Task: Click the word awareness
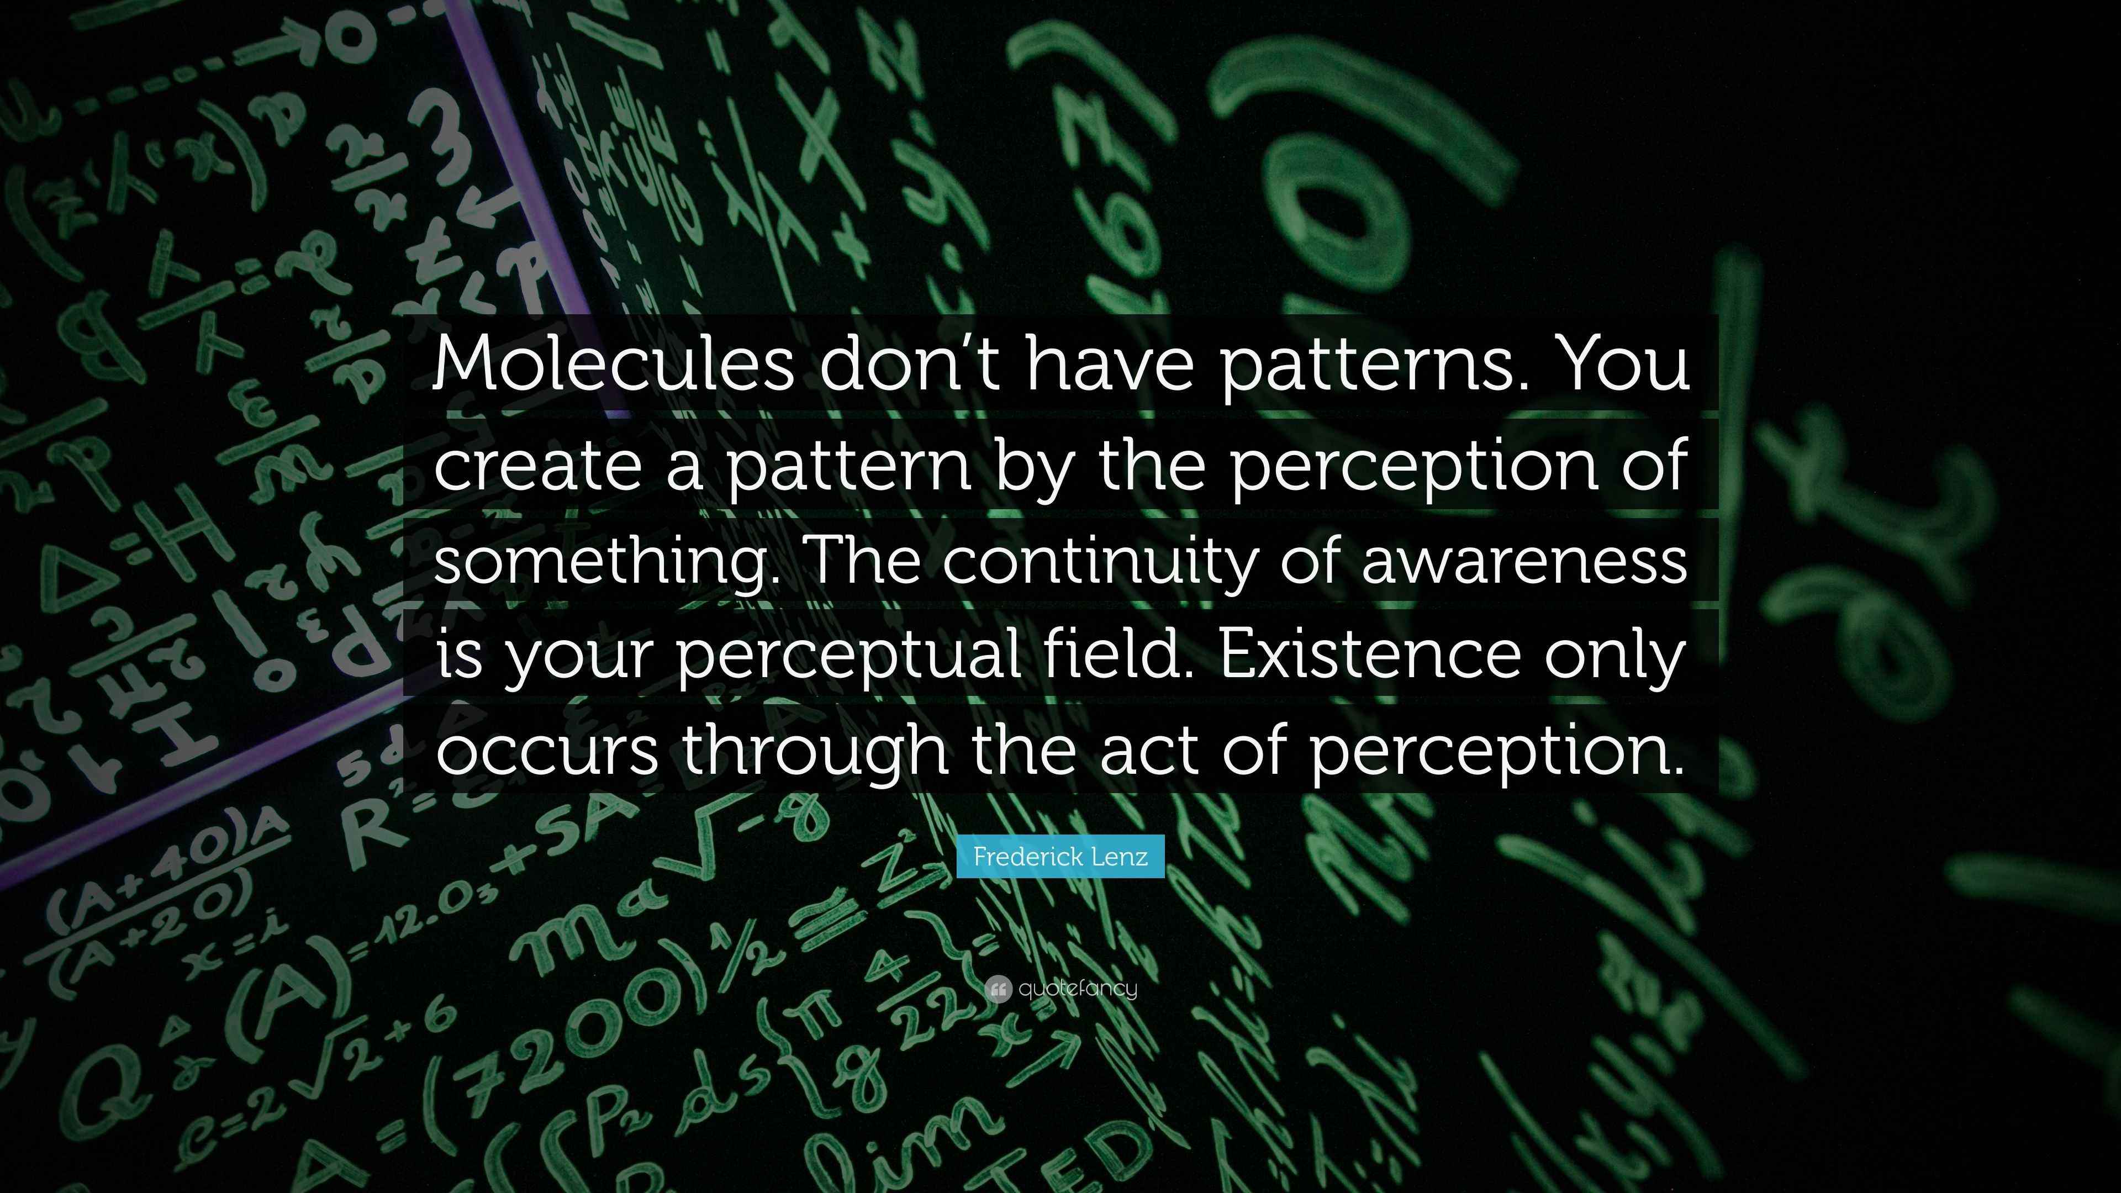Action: pyautogui.click(x=1524, y=561)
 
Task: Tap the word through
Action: pyautogui.click(x=814, y=751)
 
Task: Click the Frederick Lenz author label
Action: pyautogui.click(x=1060, y=856)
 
